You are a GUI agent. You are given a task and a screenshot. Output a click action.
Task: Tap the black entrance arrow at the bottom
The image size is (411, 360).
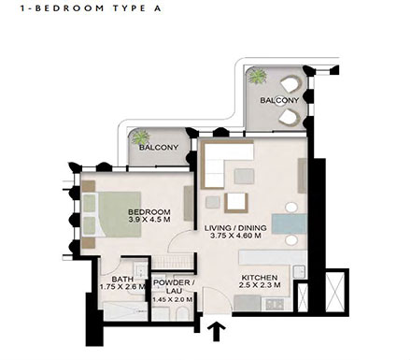coord(219,330)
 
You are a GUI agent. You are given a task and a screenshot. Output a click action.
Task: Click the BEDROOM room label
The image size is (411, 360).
coord(149,212)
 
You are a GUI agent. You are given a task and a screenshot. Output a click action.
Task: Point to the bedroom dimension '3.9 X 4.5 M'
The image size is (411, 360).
coord(149,223)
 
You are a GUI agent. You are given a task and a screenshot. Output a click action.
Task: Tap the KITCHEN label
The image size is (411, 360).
coord(259,279)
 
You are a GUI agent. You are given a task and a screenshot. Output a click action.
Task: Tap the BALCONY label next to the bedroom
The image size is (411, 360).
coord(160,148)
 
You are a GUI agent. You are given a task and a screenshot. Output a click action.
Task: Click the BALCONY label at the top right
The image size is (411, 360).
coord(279,100)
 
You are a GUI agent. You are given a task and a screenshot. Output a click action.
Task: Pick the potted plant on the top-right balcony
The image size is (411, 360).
coord(257,79)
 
